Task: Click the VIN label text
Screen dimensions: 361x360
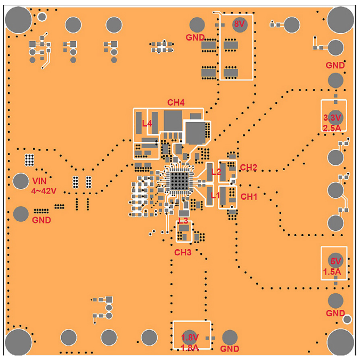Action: pos(40,180)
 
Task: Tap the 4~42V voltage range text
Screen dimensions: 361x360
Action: pos(44,190)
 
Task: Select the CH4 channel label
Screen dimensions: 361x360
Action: pos(176,102)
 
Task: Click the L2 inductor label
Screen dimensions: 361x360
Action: pos(216,172)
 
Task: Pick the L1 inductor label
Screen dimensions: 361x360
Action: pos(216,196)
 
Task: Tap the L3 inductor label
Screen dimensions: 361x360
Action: pos(183,220)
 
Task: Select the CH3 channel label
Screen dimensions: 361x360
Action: pos(183,252)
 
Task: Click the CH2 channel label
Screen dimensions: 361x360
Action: pos(248,167)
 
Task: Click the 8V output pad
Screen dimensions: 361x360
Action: pos(240,24)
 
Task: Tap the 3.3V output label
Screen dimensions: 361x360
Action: pos(332,118)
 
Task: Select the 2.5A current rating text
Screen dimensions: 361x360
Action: pos(332,127)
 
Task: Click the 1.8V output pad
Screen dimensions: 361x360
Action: pos(190,337)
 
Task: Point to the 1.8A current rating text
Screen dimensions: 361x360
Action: pos(190,348)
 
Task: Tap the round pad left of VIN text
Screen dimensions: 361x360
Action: pos(21,180)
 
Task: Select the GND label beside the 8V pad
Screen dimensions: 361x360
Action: pos(195,37)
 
